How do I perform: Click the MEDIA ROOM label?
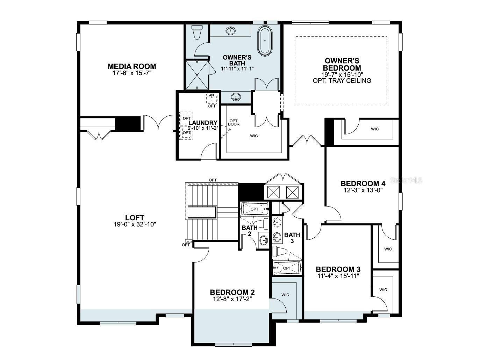click(132, 66)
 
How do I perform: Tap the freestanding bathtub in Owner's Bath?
click(265, 41)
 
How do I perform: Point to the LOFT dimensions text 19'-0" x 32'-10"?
click(135, 224)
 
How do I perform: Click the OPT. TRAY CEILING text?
click(342, 81)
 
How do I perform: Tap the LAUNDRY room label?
click(203, 123)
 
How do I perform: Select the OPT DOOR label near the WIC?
click(234, 122)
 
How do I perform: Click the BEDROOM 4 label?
click(363, 183)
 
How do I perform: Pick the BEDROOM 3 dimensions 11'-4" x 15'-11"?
click(338, 276)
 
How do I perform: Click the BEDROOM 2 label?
click(232, 292)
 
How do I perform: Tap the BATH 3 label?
click(292, 238)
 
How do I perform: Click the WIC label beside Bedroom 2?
click(285, 295)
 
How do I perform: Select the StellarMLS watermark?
click(406, 180)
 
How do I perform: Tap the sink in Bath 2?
click(264, 240)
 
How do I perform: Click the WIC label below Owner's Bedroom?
click(375, 129)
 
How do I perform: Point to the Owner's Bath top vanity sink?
click(231, 31)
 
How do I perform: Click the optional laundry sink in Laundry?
click(212, 98)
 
